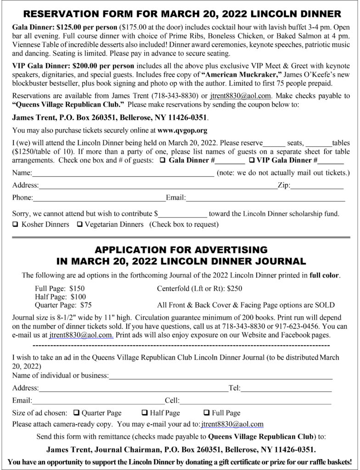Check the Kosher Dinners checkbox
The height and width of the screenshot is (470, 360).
pos(16,225)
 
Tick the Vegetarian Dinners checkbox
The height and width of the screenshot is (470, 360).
pos(80,225)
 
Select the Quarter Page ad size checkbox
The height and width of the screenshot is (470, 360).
pos(76,413)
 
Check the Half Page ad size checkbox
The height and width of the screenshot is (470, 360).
pos(145,413)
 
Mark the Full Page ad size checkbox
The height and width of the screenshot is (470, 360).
pos(207,413)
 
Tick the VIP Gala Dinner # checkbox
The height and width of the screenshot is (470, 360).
pos(252,160)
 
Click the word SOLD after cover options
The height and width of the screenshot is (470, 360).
pos(324,305)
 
